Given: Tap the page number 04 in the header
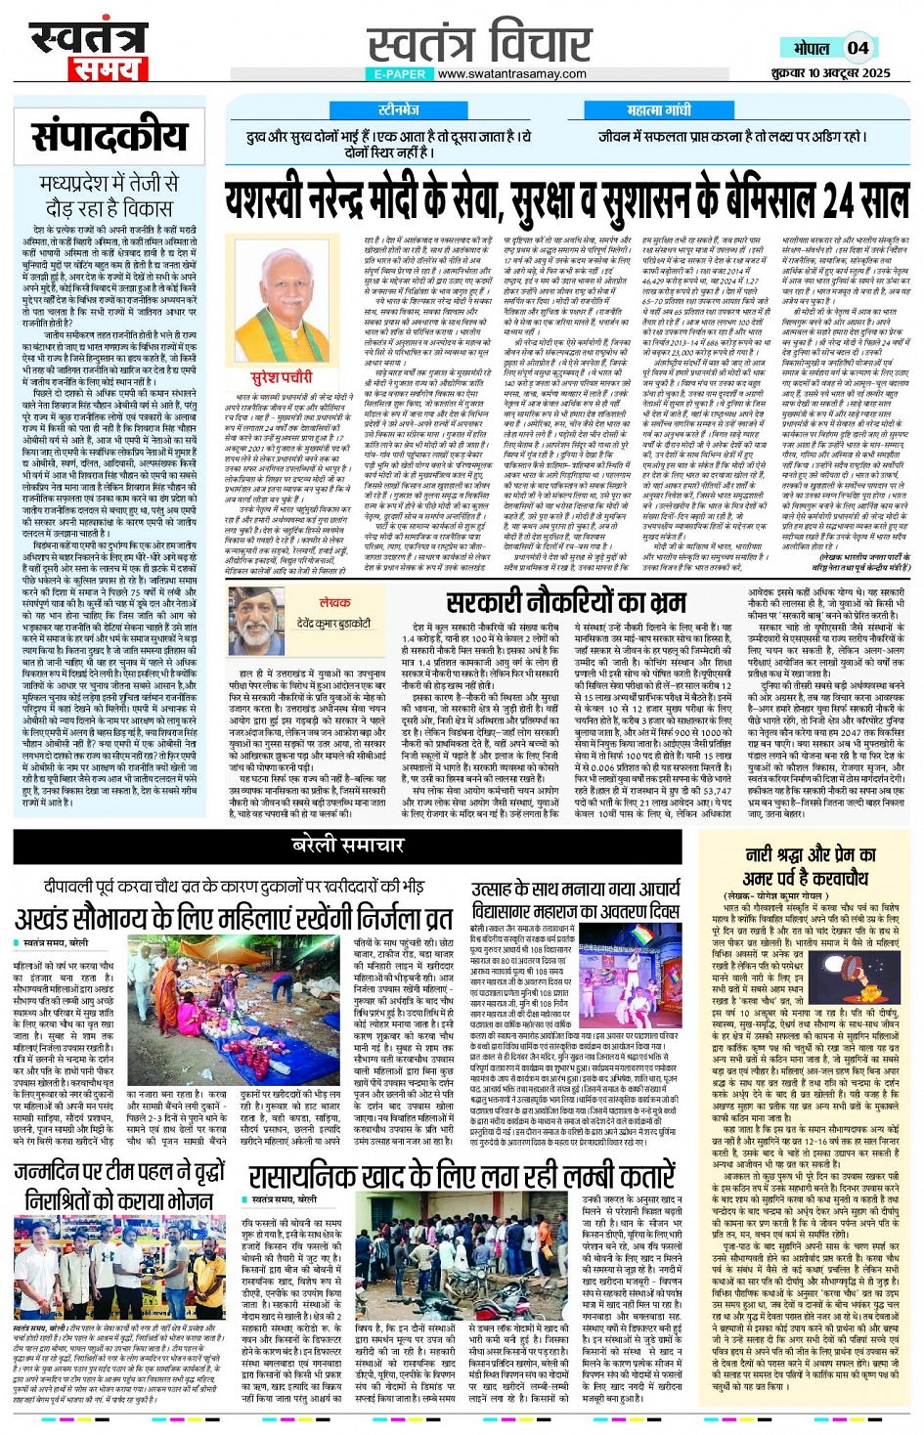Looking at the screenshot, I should [x=858, y=47].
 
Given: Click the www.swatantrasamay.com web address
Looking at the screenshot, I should [x=511, y=74].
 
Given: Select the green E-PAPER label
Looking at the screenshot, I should [x=398, y=74].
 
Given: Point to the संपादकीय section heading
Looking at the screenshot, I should [x=109, y=137].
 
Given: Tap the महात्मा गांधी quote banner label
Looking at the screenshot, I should [x=658, y=110].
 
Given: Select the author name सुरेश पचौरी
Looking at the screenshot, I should [x=283, y=377].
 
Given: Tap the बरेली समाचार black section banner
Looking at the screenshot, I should [x=348, y=845].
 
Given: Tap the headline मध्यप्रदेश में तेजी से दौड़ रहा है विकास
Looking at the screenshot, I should [x=109, y=196].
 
